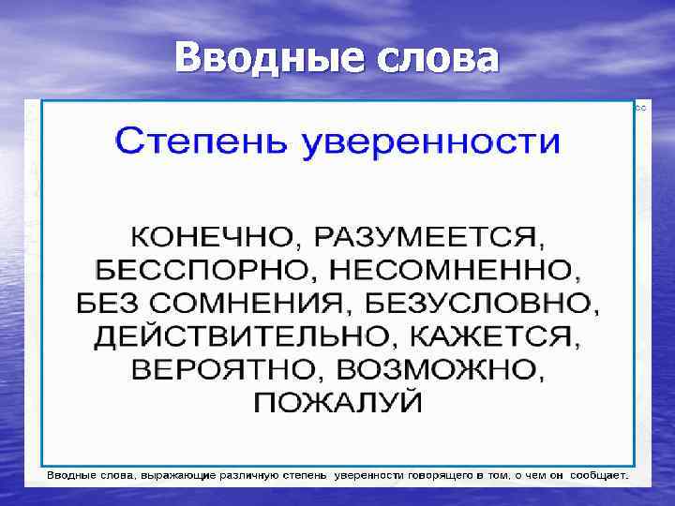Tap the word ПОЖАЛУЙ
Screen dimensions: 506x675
(337, 403)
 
